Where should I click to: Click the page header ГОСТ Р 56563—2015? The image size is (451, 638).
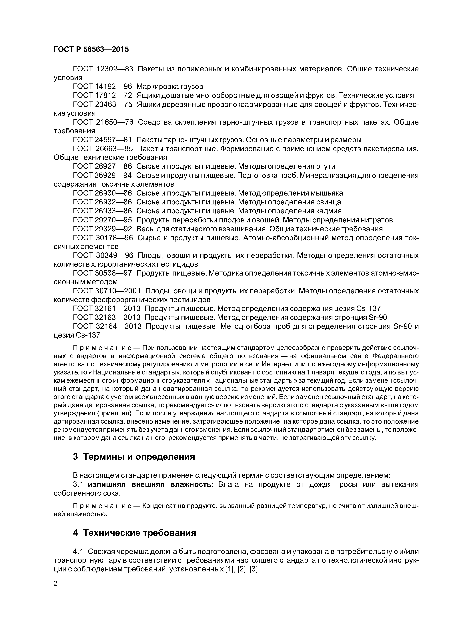pos(91,49)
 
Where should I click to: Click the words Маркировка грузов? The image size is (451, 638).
pos(170,86)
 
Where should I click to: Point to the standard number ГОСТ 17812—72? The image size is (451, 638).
pos(102,95)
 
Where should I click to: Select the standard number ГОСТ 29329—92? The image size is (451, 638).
pos(102,229)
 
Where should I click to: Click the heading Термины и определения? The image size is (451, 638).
pos(139,456)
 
